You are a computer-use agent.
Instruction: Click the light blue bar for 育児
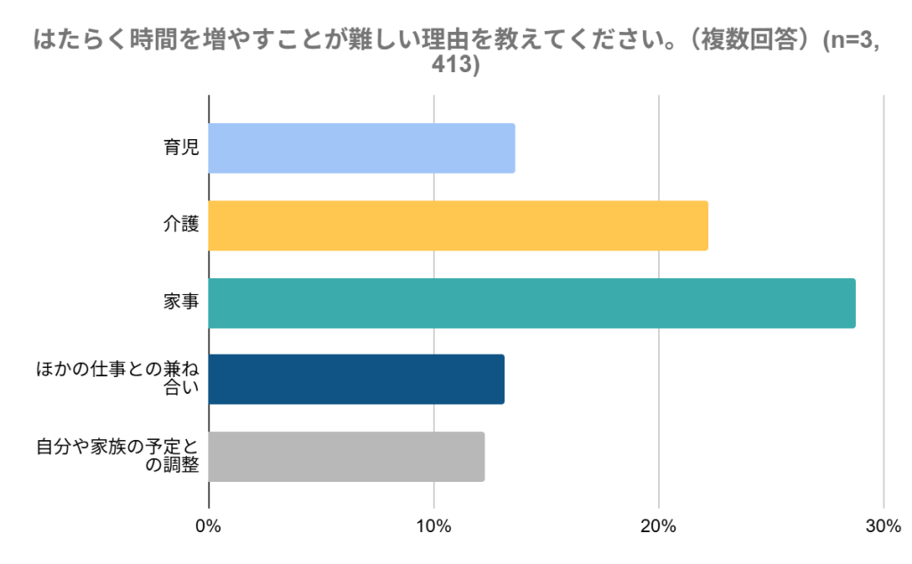[x=362, y=148]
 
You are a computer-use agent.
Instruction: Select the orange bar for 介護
[x=459, y=225]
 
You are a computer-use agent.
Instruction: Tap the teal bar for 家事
[x=533, y=303]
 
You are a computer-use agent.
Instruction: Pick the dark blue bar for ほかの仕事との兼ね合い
[x=356, y=379]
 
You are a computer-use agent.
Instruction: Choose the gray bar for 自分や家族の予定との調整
[x=346, y=457]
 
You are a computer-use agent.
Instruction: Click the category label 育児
[x=181, y=147]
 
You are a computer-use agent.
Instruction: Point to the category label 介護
[x=181, y=225]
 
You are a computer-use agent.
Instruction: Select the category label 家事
[x=181, y=301]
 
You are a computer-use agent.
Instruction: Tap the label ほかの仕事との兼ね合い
[x=118, y=378]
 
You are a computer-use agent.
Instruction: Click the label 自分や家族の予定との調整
[x=118, y=455]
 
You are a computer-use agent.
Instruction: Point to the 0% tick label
[x=208, y=527]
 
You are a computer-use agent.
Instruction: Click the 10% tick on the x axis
[x=434, y=527]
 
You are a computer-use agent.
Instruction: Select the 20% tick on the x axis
[x=658, y=527]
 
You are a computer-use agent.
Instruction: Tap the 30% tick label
[x=883, y=527]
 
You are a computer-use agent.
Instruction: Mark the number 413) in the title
[x=455, y=64]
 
